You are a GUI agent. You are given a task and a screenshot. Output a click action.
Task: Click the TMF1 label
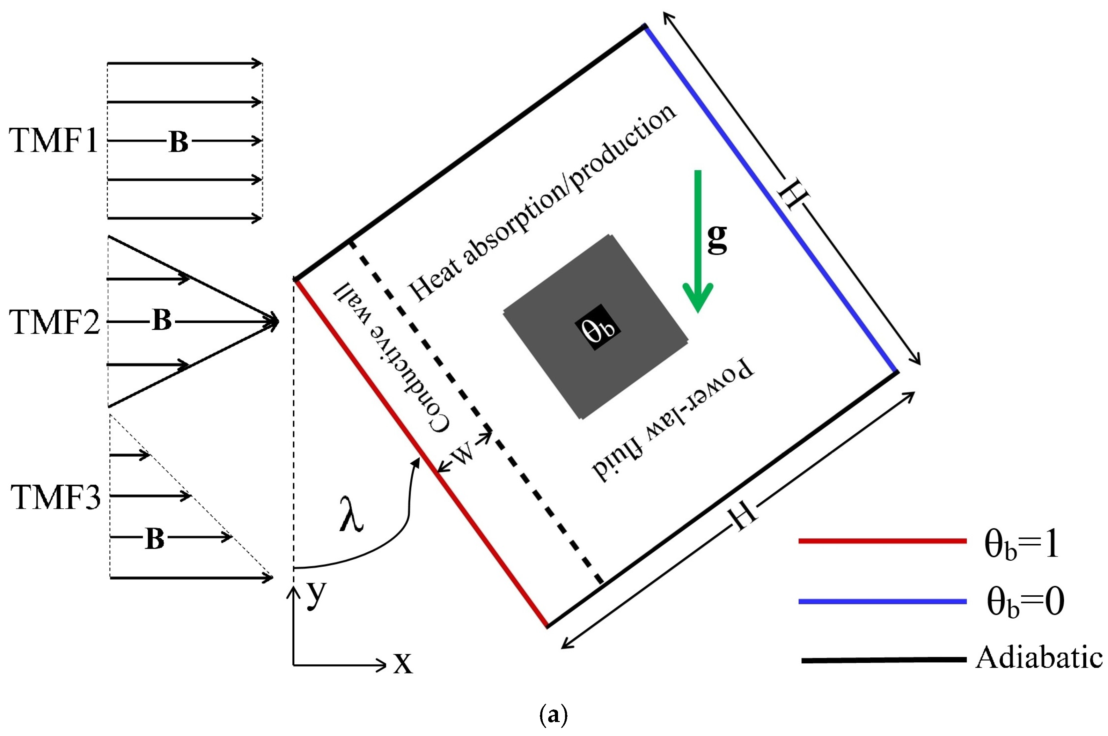tap(53, 140)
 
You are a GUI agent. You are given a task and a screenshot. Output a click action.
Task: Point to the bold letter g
tap(717, 238)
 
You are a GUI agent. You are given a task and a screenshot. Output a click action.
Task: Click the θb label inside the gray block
tap(598, 327)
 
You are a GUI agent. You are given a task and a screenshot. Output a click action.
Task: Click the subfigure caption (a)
tap(554, 715)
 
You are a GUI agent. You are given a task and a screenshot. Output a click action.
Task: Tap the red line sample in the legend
tap(883, 541)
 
